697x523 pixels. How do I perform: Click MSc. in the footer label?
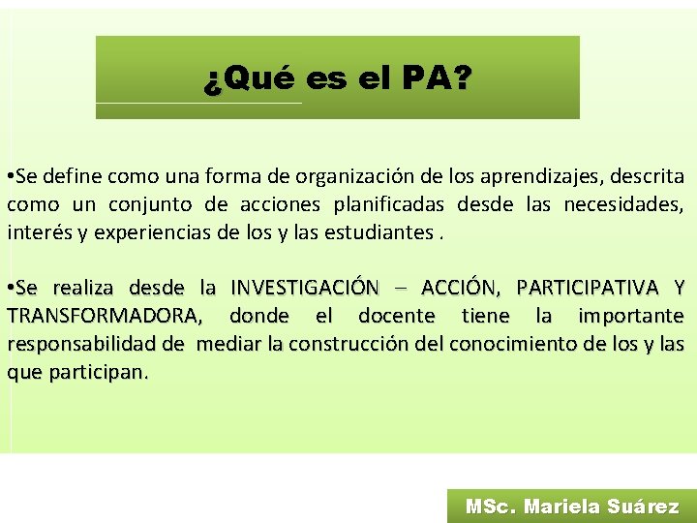(x=491, y=506)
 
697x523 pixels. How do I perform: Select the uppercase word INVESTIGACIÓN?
(x=304, y=288)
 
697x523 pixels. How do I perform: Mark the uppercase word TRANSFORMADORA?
(x=104, y=316)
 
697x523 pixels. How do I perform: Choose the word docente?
(x=396, y=316)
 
